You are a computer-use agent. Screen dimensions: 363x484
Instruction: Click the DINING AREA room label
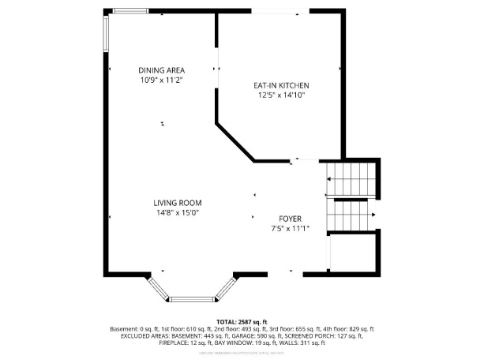161,70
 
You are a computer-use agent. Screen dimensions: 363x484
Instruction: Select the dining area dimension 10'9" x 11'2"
161,80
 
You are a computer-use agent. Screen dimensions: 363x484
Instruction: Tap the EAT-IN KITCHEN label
280,85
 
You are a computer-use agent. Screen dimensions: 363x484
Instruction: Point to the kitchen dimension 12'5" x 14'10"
280,95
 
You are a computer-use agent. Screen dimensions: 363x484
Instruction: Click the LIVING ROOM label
177,203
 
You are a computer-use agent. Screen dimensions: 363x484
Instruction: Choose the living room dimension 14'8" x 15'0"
177,212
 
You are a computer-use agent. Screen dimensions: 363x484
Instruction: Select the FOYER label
290,219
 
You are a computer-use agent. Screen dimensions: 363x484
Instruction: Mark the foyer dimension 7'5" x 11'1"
290,228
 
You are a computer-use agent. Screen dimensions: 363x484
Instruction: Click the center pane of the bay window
193,299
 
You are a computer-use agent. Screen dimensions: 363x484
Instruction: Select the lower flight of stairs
352,214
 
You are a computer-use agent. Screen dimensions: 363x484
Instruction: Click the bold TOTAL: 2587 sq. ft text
242,322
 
